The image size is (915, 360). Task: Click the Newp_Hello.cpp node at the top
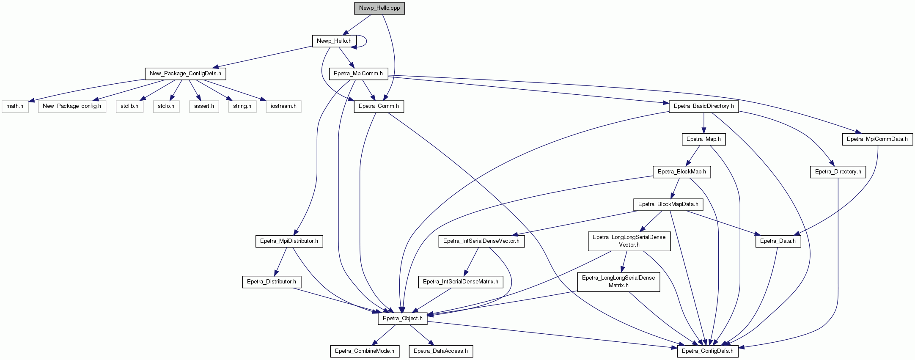click(x=379, y=8)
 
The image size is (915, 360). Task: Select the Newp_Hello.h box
click(x=334, y=41)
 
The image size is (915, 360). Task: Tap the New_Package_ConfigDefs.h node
click(x=185, y=74)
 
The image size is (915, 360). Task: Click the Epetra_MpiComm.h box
click(x=358, y=74)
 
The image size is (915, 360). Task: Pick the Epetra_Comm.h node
click(x=379, y=106)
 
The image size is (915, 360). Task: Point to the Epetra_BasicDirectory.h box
click(x=704, y=106)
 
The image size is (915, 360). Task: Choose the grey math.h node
click(x=15, y=106)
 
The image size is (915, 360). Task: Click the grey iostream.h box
click(x=283, y=106)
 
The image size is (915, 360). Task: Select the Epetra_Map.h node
click(x=703, y=139)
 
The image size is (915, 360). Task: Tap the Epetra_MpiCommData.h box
click(x=877, y=139)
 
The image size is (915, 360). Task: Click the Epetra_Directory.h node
click(x=838, y=172)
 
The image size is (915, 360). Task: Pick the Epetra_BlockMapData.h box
click(x=668, y=204)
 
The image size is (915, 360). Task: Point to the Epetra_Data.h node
click(x=778, y=241)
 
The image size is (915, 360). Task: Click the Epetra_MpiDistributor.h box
click(x=289, y=241)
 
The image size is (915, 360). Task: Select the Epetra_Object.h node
click(x=403, y=319)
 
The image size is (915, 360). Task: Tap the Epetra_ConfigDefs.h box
click(x=708, y=351)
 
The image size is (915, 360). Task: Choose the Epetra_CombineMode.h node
click(x=365, y=351)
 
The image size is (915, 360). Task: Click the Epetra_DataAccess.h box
click(x=441, y=351)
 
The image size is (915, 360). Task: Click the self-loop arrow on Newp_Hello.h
click(x=366, y=41)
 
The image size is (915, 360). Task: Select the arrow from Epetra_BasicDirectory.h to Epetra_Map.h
click(x=703, y=123)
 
